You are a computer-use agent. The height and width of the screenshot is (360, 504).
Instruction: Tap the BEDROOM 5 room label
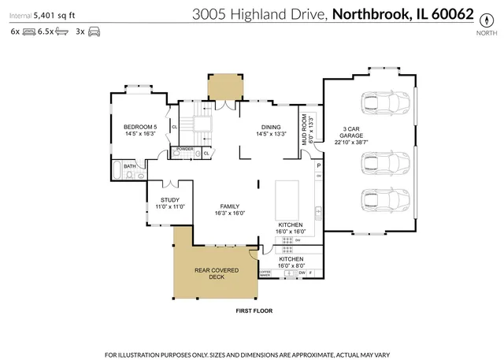[x=140, y=127]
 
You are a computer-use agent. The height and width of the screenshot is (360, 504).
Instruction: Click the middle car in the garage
[x=383, y=165]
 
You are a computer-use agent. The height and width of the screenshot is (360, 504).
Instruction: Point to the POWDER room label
[x=185, y=148]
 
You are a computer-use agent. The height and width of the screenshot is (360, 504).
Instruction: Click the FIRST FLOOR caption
[x=254, y=311]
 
